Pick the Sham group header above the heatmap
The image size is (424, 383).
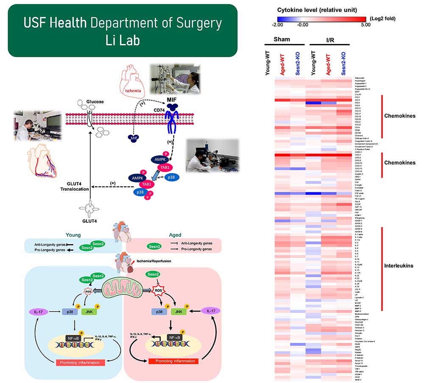pos(282,39)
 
